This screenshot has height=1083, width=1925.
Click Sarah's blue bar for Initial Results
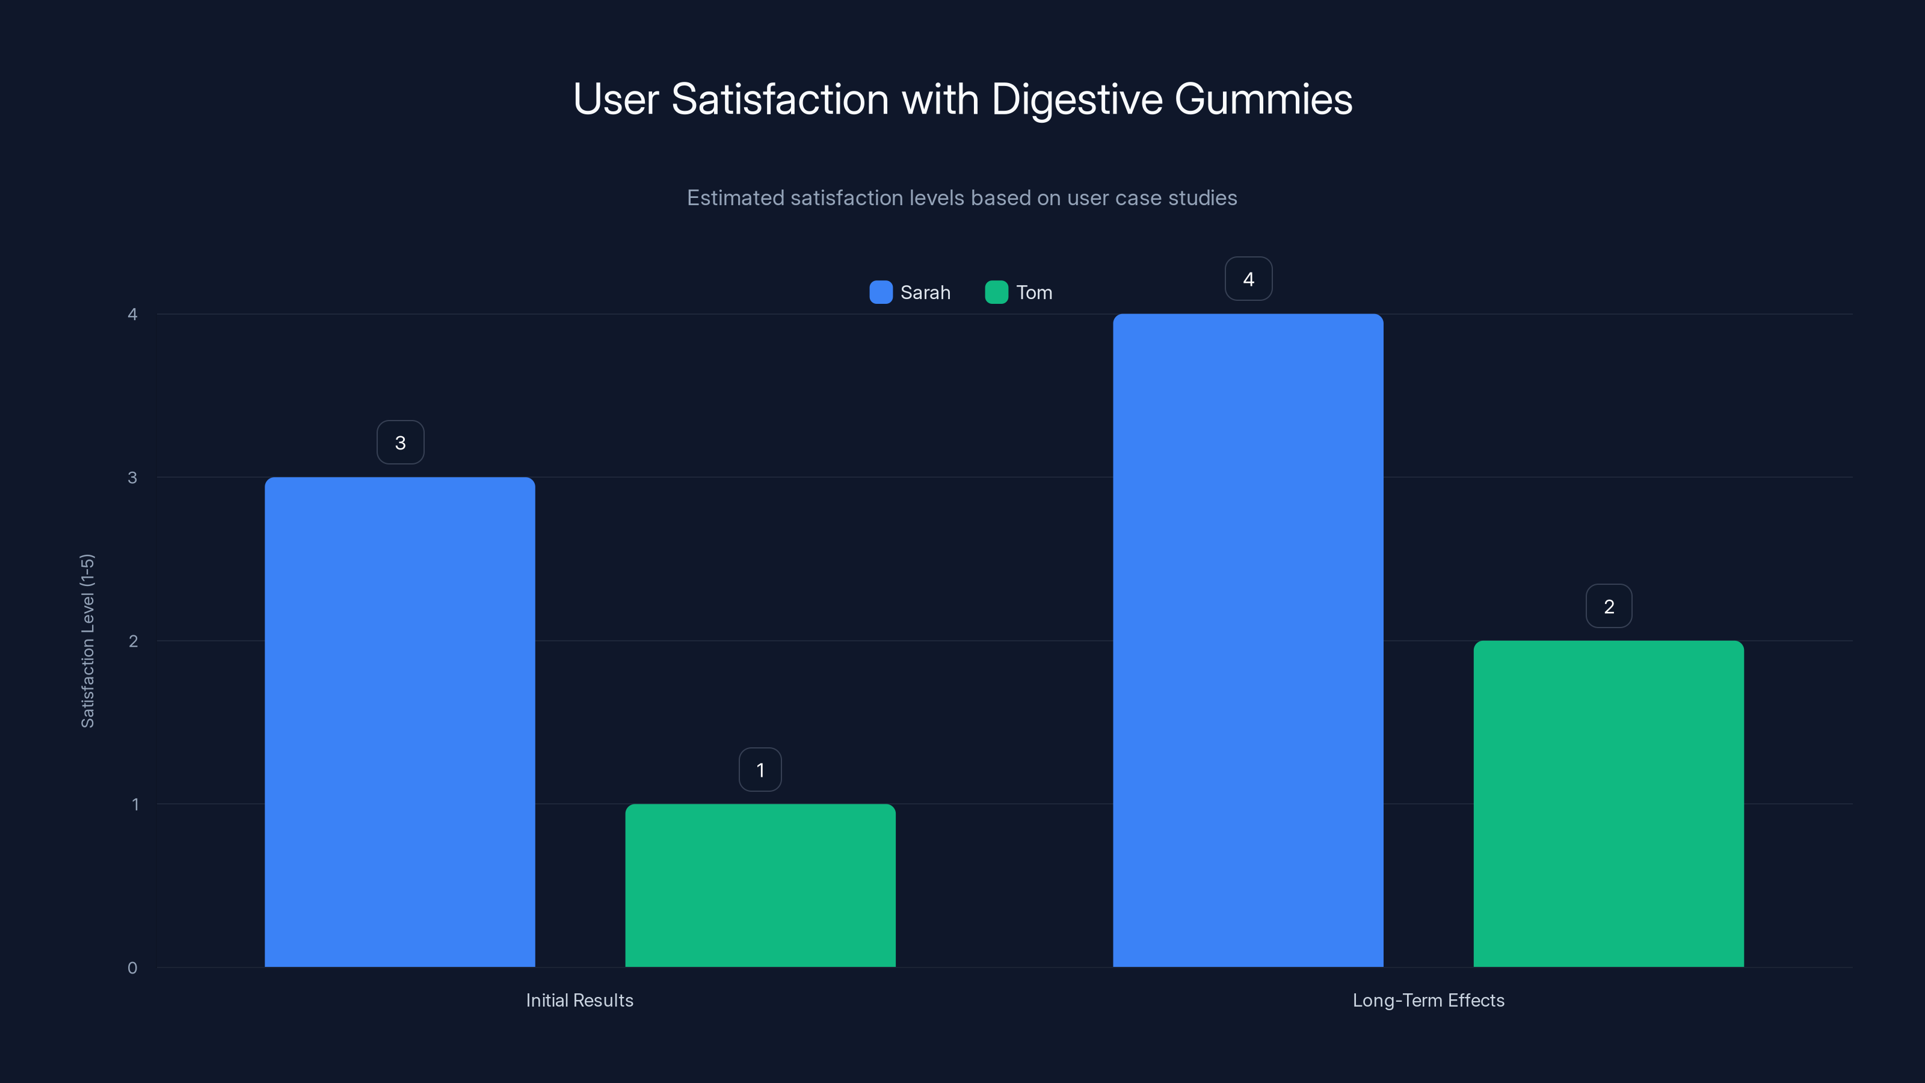click(400, 722)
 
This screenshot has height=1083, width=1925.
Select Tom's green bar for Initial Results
click(760, 886)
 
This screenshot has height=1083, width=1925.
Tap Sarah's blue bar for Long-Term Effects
click(1248, 641)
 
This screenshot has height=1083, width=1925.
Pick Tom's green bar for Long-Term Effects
click(1608, 803)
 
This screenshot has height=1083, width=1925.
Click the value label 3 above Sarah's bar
click(401, 442)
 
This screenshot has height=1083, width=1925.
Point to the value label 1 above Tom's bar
click(760, 770)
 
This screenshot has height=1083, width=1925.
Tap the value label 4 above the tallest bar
click(1248, 279)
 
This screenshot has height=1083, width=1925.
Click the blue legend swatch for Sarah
click(881, 292)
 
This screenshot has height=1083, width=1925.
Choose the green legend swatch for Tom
click(996, 292)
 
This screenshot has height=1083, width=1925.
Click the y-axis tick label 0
click(132, 968)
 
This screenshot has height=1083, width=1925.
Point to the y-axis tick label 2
click(133, 641)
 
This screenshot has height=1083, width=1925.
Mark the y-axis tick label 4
click(132, 314)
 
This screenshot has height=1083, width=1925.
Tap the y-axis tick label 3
click(132, 478)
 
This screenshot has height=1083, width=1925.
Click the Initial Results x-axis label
click(579, 1000)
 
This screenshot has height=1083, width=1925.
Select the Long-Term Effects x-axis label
click(1428, 1000)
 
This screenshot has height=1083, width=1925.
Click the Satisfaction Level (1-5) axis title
click(87, 641)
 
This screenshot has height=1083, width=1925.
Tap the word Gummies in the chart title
click(1263, 99)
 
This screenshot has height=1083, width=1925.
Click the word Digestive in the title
click(1077, 99)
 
